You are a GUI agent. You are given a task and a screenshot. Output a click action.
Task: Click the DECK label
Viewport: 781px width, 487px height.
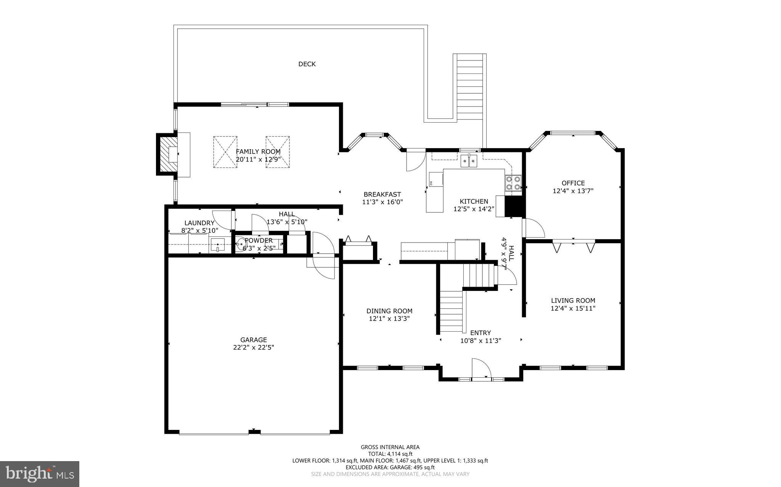point(307,64)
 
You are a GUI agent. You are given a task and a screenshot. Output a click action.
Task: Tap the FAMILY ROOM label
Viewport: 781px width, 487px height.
point(258,152)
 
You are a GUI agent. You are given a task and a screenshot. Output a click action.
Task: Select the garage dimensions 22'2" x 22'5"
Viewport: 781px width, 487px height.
point(254,347)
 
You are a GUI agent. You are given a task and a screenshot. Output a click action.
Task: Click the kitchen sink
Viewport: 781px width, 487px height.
point(469,161)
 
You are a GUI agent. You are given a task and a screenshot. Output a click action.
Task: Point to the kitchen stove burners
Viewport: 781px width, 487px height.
point(513,182)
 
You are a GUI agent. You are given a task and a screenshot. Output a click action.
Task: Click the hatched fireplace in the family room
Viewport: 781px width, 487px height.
point(168,154)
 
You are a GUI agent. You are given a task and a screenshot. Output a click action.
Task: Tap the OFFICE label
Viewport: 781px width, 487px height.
point(573,183)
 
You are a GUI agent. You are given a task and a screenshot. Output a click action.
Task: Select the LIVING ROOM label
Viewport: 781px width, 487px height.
point(573,300)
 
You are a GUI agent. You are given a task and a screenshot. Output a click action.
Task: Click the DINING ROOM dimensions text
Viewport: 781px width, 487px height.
point(389,319)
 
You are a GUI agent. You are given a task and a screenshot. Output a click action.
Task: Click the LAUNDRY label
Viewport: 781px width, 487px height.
point(199,223)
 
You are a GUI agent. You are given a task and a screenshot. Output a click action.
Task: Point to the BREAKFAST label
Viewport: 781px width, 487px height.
point(382,195)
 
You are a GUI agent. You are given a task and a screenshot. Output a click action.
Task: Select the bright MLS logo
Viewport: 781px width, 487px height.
point(40,474)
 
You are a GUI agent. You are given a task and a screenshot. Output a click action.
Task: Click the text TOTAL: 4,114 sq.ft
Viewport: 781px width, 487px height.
point(390,454)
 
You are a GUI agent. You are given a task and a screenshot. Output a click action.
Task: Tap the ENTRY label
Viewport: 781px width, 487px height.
point(480,333)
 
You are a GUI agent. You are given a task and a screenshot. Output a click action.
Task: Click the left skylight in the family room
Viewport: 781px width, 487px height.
point(225,152)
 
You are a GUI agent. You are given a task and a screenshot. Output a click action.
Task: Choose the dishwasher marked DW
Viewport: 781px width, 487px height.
point(436,180)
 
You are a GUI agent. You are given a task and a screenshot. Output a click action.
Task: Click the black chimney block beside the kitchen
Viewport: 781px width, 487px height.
point(513,207)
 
